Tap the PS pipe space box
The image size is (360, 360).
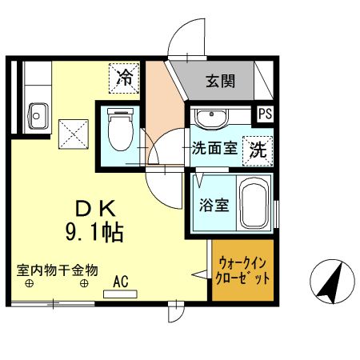click(265, 114)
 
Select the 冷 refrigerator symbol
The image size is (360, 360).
click(126, 78)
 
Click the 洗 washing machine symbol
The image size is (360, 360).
click(258, 149)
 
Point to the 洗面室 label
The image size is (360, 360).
click(212, 149)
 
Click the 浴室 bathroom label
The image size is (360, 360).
click(214, 204)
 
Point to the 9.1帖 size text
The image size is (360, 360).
click(95, 234)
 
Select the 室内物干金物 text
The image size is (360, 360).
click(58, 270)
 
